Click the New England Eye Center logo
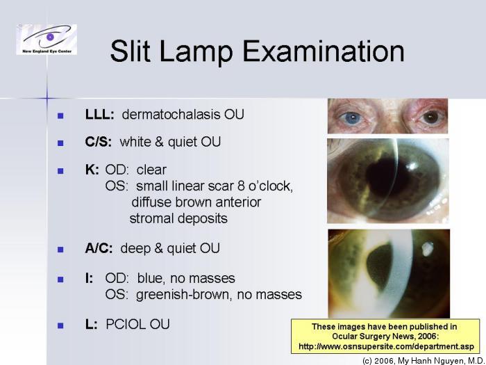coord(47,40)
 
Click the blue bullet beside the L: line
coord(60,325)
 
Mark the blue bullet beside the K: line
coord(60,170)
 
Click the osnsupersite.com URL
coord(386,346)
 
